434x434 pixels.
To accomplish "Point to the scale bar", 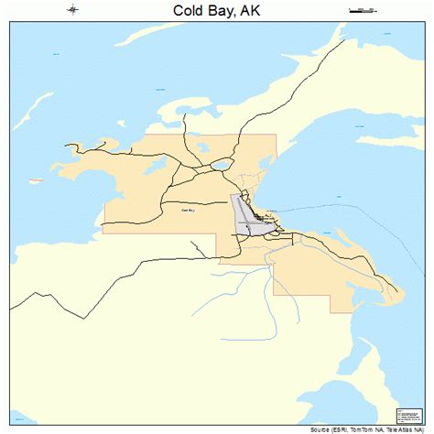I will point(362,10).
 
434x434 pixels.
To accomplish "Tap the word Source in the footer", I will point(324,429).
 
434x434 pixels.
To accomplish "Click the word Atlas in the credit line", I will point(413,429).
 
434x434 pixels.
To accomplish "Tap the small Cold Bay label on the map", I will point(188,210).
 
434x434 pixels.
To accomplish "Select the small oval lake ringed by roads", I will point(221,166).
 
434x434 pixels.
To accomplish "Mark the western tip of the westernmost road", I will point(65,145).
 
